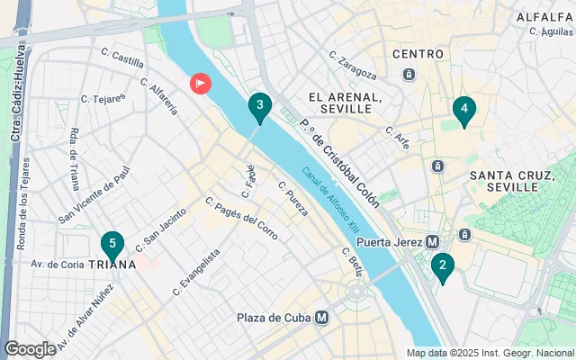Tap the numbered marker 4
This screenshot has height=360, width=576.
464,111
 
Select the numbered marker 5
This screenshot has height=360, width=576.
112,244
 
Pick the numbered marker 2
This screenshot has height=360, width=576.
442,266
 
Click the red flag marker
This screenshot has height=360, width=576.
200,84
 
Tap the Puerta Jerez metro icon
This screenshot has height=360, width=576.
432,241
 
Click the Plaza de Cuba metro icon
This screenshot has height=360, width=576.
321,317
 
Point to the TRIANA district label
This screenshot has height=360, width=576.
112,265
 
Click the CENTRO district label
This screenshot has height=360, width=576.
418,54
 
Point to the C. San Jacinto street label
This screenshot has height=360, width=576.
161,229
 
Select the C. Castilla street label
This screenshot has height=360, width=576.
122,61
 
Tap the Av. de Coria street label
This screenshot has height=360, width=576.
58,264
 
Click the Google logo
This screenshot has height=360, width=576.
30,348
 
